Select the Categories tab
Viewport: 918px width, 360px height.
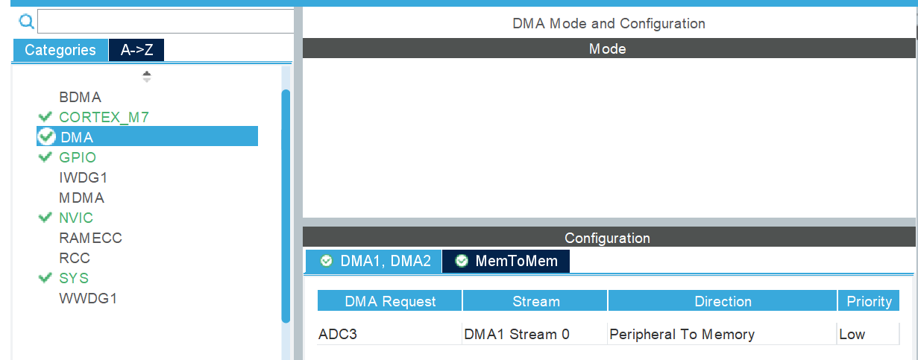[60, 50]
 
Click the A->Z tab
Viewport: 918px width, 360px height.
[136, 50]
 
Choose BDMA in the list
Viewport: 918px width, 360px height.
[80, 97]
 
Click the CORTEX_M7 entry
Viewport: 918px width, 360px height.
[104, 117]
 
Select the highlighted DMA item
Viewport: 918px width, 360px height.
[77, 137]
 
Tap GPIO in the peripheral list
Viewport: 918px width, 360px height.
[78, 157]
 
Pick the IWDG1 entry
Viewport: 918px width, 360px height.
[84, 177]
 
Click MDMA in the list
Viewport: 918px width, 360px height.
[81, 198]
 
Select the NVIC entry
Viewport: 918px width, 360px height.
[76, 218]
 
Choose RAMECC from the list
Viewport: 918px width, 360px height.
[90, 238]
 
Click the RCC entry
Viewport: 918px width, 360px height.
[75, 258]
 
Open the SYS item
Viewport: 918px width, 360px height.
[74, 278]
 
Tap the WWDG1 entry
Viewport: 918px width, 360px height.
[88, 298]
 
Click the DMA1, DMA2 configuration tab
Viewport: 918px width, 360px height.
[375, 261]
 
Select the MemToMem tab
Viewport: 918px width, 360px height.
[506, 261]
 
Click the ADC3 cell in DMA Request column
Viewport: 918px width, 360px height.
[338, 334]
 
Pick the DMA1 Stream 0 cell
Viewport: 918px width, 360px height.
[517, 334]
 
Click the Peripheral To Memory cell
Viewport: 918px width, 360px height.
[682, 334]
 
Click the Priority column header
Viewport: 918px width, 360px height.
[869, 301]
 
